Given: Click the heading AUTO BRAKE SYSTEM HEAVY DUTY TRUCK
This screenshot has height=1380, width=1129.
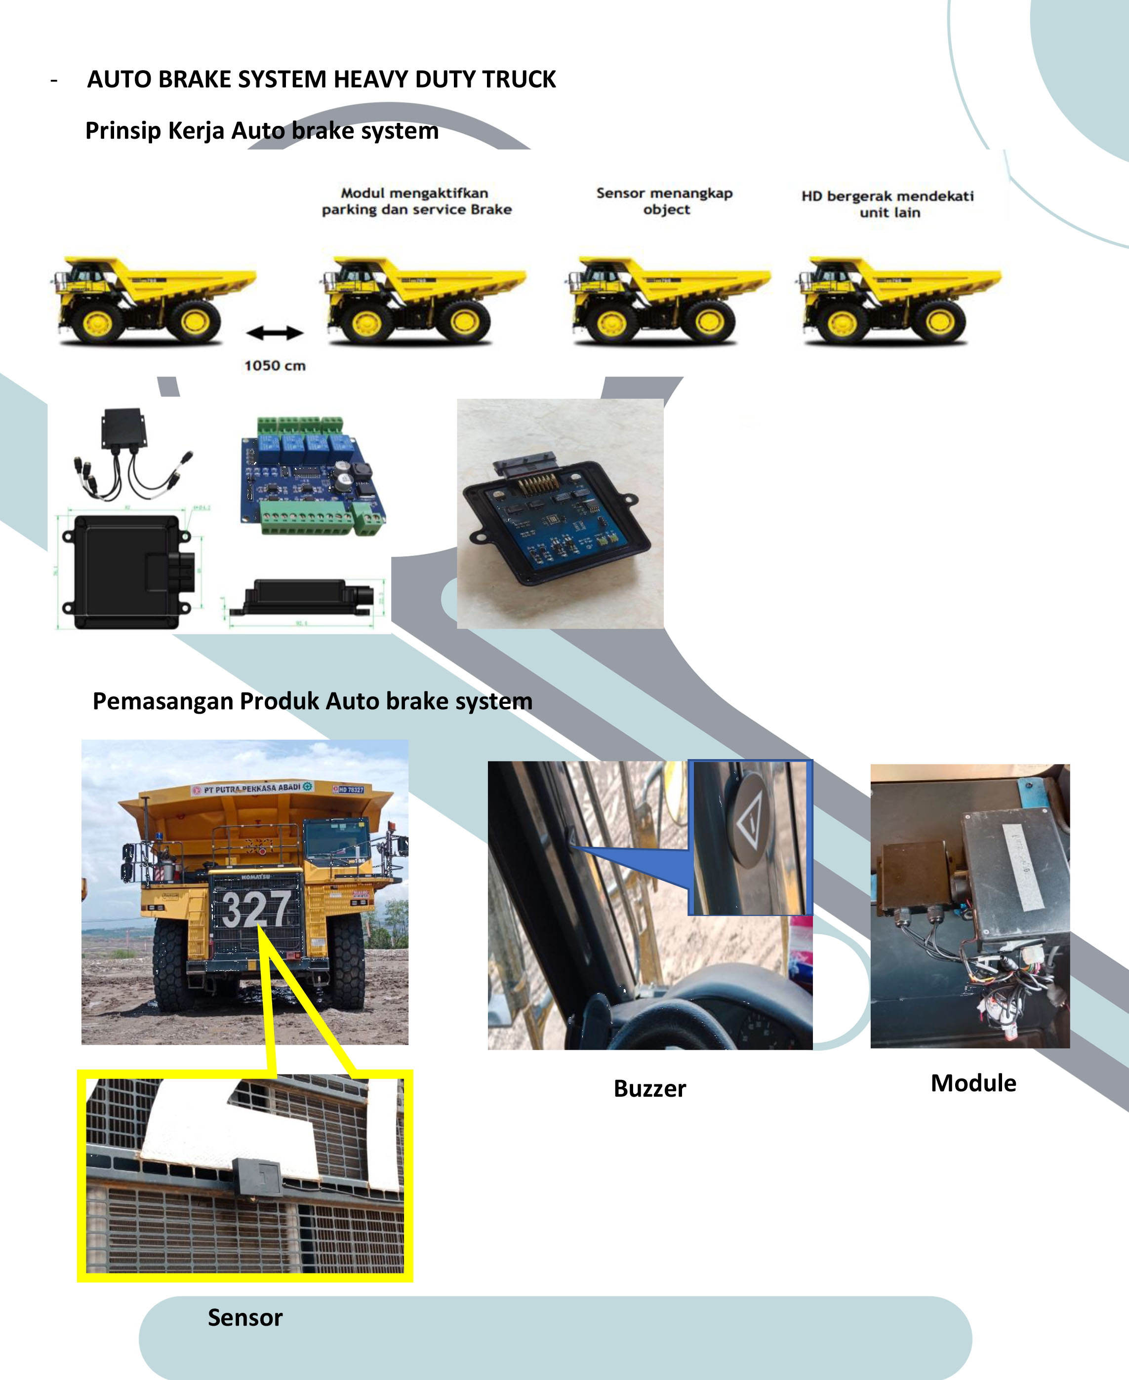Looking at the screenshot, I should [322, 79].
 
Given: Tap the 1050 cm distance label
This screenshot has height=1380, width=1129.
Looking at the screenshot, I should [275, 365].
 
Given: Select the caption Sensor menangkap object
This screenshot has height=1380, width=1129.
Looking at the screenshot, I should [665, 201].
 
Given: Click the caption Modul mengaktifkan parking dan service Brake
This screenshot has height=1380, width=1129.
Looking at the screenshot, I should [416, 201].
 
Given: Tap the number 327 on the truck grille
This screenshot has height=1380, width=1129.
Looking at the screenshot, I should [256, 908].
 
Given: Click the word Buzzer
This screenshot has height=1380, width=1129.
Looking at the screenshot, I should [650, 1088].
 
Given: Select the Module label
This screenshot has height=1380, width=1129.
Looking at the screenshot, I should [973, 1083].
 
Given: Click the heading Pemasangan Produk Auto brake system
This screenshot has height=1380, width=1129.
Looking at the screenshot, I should [312, 701].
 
